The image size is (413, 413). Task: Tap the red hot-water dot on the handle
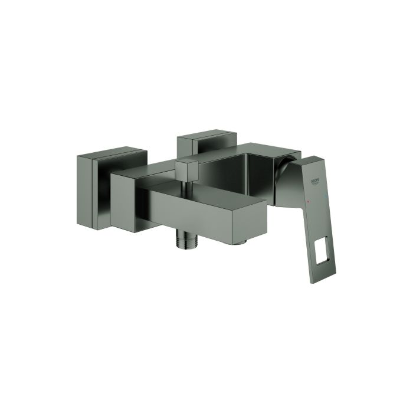point(323,201)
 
